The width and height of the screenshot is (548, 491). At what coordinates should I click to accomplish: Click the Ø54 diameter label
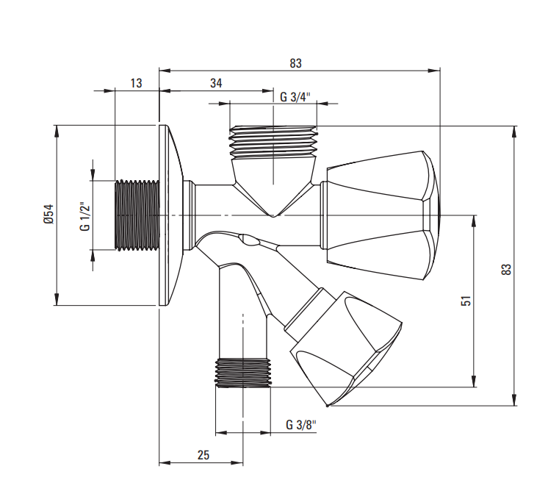tap(48, 214)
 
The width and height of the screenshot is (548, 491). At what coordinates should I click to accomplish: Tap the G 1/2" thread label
tap(85, 216)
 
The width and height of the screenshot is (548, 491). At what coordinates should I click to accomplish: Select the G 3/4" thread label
tap(295, 97)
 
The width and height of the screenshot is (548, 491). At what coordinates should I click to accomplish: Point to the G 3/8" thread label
tap(301, 425)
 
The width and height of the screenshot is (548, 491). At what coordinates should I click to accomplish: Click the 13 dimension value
tap(137, 83)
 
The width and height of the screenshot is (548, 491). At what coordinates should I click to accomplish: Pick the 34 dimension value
tap(216, 83)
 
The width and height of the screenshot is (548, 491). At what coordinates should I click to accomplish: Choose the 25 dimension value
tap(203, 455)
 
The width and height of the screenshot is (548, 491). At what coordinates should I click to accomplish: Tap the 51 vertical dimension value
tap(466, 301)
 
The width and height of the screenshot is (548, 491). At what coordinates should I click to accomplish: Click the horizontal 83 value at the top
tap(295, 63)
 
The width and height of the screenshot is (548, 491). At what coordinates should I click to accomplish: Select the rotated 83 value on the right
tap(506, 268)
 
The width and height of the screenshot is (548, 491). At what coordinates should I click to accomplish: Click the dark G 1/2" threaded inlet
tap(137, 215)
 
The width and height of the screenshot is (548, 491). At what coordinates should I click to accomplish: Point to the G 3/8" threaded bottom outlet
tap(243, 373)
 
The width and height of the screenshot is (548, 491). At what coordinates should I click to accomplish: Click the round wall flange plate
tap(171, 215)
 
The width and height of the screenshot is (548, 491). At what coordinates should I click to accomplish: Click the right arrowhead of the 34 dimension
tap(267, 91)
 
